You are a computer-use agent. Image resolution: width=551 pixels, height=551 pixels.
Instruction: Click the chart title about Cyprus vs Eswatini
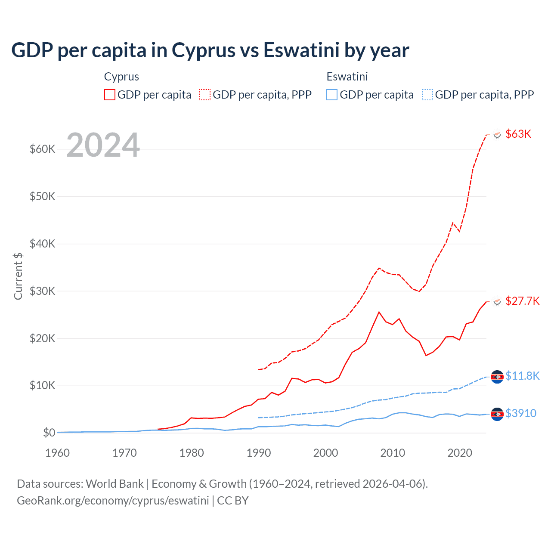(x=210, y=50)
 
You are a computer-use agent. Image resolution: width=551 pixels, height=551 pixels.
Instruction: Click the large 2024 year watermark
(x=103, y=145)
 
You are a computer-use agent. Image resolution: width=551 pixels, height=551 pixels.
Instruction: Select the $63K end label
(x=518, y=134)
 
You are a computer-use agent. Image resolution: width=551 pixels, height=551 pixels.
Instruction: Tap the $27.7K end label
(x=522, y=301)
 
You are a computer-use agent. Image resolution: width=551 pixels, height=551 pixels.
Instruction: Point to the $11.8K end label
(x=522, y=376)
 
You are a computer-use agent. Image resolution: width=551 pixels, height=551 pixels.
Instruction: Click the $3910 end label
(x=521, y=413)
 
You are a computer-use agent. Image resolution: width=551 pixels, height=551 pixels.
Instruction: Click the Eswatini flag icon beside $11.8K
(x=497, y=377)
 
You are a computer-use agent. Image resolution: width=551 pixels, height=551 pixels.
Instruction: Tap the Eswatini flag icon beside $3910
(x=497, y=414)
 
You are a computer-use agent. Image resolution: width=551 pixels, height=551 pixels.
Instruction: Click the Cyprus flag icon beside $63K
(x=497, y=135)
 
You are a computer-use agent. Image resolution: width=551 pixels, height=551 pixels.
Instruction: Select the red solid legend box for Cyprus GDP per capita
(x=110, y=95)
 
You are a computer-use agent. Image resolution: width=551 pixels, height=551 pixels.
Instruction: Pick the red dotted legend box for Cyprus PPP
(x=205, y=95)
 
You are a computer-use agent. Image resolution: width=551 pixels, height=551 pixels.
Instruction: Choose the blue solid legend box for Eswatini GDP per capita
(x=332, y=95)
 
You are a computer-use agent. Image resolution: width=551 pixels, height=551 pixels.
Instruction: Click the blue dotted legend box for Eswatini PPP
(x=427, y=95)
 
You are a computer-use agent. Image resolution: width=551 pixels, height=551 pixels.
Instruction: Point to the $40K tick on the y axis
(x=43, y=244)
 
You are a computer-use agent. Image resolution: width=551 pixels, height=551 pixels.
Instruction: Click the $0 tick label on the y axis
(x=49, y=433)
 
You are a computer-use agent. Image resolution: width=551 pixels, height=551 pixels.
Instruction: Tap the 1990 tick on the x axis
(x=259, y=453)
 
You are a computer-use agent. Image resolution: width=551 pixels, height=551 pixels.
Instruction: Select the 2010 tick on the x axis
(x=393, y=453)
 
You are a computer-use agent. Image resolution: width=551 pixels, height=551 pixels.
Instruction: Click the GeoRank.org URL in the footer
(x=113, y=501)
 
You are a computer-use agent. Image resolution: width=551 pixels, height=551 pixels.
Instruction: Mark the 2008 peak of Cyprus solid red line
(x=379, y=312)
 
